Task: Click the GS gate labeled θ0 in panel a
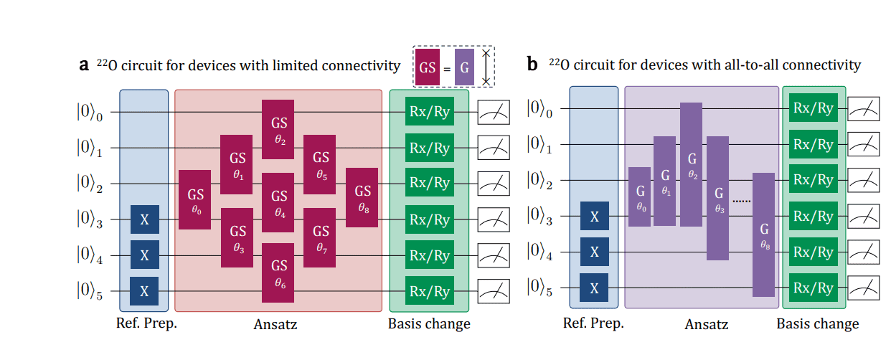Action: tap(194, 199)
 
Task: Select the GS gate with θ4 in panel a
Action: tap(279, 202)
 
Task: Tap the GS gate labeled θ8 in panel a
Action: tap(362, 197)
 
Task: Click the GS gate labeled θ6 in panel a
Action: tap(279, 273)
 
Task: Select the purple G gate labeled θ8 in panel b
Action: tap(763, 235)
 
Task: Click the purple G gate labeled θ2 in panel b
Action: tap(692, 164)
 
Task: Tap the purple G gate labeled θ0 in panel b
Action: tap(640, 196)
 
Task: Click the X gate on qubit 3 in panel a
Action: tap(145, 219)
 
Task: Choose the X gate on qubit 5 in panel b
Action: tap(594, 288)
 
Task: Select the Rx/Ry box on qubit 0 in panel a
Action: tap(429, 111)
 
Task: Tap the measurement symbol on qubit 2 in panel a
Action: tap(494, 183)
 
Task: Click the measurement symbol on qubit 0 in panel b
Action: tap(865, 109)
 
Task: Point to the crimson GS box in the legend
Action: tap(428, 68)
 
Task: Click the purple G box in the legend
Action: tap(465, 68)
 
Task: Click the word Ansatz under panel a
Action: tap(275, 324)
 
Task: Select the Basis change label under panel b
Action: tap(817, 324)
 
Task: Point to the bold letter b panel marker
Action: tap(532, 65)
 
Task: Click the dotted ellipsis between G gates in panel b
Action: tap(742, 202)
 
